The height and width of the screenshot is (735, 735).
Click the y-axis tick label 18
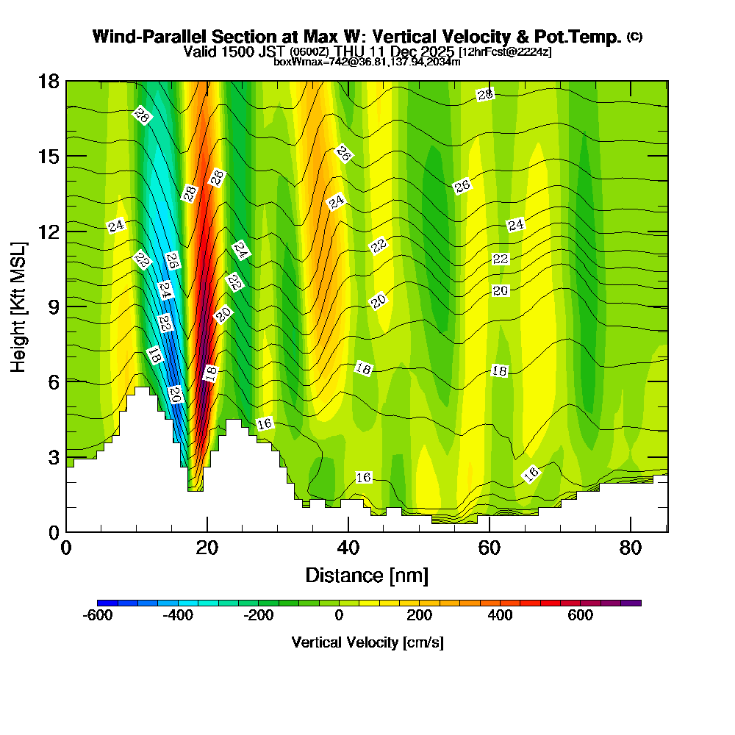click(x=49, y=81)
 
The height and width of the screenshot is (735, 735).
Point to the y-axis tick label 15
click(x=49, y=156)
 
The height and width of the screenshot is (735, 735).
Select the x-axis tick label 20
click(x=207, y=548)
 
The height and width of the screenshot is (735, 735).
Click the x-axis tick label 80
click(x=631, y=548)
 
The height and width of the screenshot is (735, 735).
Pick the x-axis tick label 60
click(x=490, y=548)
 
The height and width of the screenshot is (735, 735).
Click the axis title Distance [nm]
click(x=367, y=575)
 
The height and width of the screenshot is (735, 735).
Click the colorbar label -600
click(x=98, y=615)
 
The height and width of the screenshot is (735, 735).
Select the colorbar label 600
click(x=581, y=615)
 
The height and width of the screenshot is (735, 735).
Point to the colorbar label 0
click(x=339, y=615)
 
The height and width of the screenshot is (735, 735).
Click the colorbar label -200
click(x=259, y=615)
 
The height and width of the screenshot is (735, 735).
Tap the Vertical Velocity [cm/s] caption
click(x=367, y=642)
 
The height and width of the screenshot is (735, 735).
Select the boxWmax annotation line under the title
click(x=367, y=62)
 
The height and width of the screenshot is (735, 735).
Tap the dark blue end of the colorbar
click(x=102, y=603)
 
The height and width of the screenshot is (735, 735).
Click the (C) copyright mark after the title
click(x=634, y=36)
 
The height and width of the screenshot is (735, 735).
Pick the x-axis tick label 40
click(x=348, y=548)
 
